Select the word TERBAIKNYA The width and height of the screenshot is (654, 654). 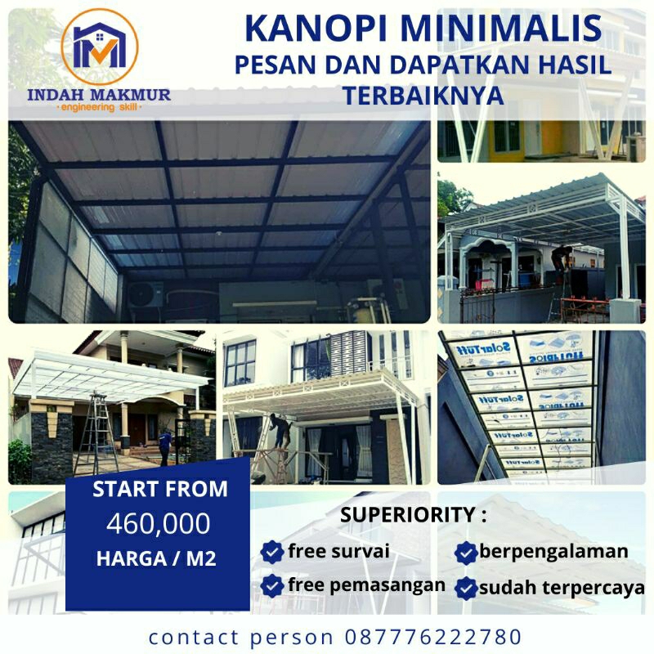pos(423,95)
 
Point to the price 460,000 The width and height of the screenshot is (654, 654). pos(158,523)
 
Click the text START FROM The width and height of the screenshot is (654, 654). pos(159,490)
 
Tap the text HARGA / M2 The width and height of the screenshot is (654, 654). pos(159,559)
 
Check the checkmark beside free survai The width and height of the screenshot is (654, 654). pos(271,553)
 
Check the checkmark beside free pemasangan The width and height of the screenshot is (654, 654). pos(271,585)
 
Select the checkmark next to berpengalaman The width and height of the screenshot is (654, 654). pos(467,553)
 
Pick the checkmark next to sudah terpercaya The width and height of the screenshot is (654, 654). pos(467,588)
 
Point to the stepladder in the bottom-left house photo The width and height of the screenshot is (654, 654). pos(96,433)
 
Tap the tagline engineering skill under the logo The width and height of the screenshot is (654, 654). pos(99,108)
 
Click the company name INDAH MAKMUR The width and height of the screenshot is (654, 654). pos(99,94)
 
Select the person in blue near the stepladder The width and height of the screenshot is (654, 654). pos(166,446)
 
